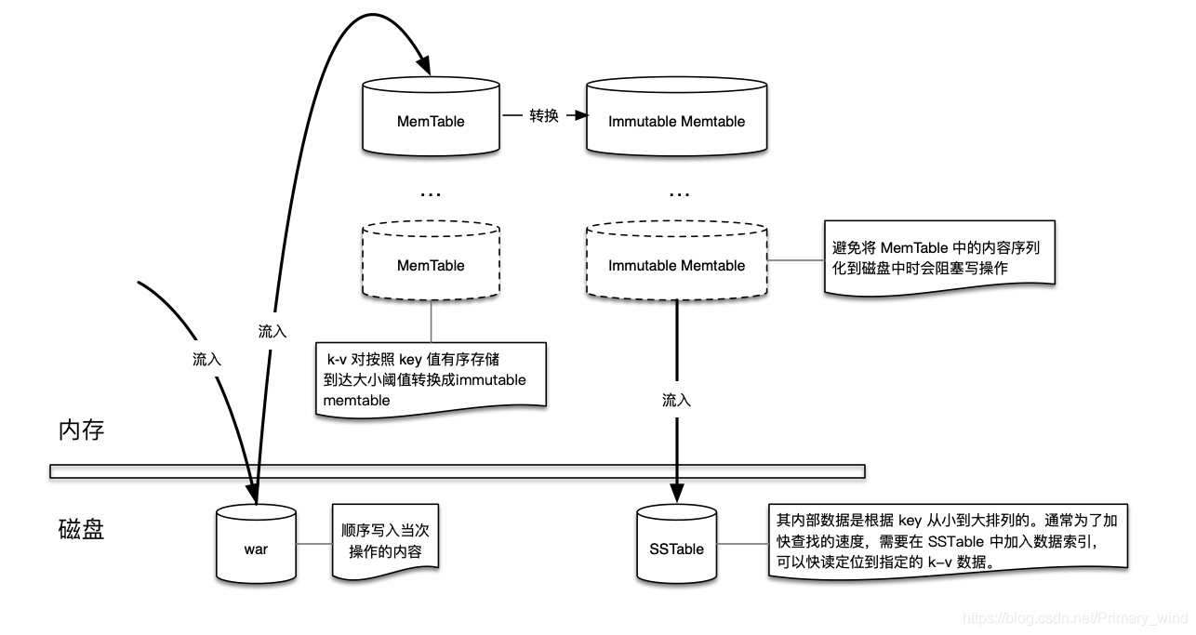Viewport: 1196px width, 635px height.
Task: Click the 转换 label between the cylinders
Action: pyautogui.click(x=543, y=117)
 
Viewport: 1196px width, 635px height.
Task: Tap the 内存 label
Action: pyautogui.click(x=81, y=430)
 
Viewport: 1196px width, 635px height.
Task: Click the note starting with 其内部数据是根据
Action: pyautogui.click(x=947, y=540)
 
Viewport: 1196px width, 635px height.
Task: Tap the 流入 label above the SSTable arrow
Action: pyautogui.click(x=676, y=400)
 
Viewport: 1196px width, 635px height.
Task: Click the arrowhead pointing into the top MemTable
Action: pyautogui.click(x=424, y=67)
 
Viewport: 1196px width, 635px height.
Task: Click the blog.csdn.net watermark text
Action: pyautogui.click(x=1075, y=618)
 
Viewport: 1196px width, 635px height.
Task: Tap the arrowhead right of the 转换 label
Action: pyautogui.click(x=581, y=117)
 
